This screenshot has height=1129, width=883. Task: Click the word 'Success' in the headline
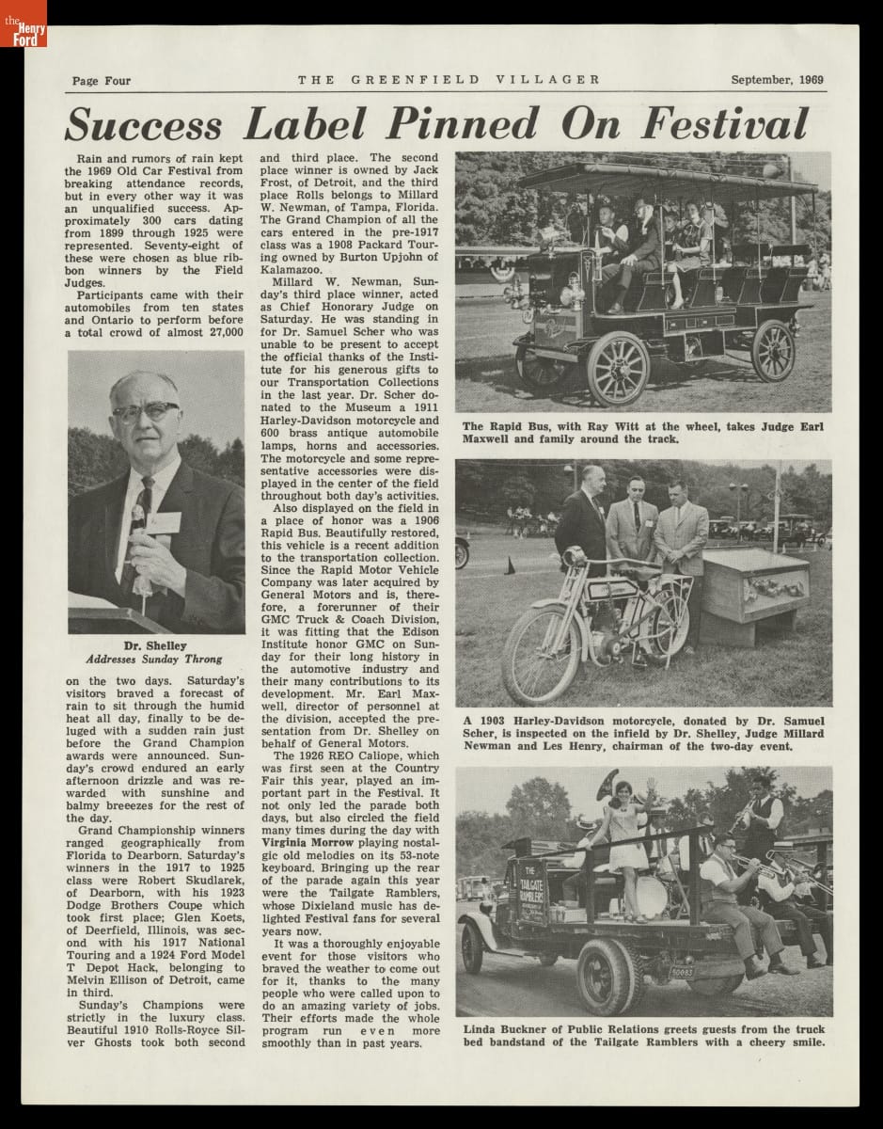click(x=145, y=125)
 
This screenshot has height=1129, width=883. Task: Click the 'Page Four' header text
click(x=101, y=81)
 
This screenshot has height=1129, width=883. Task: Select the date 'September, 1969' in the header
click(x=777, y=80)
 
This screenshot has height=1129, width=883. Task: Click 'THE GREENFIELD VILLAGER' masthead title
click(x=449, y=80)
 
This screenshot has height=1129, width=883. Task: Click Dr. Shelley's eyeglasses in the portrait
click(x=146, y=412)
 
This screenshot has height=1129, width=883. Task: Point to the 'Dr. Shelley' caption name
click(x=155, y=645)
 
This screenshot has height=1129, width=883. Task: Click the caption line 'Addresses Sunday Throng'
click(x=156, y=659)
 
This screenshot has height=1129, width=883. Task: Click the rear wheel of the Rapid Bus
click(x=773, y=350)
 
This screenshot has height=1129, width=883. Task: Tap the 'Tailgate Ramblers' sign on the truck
click(x=534, y=890)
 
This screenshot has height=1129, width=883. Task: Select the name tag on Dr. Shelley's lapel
click(x=166, y=521)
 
